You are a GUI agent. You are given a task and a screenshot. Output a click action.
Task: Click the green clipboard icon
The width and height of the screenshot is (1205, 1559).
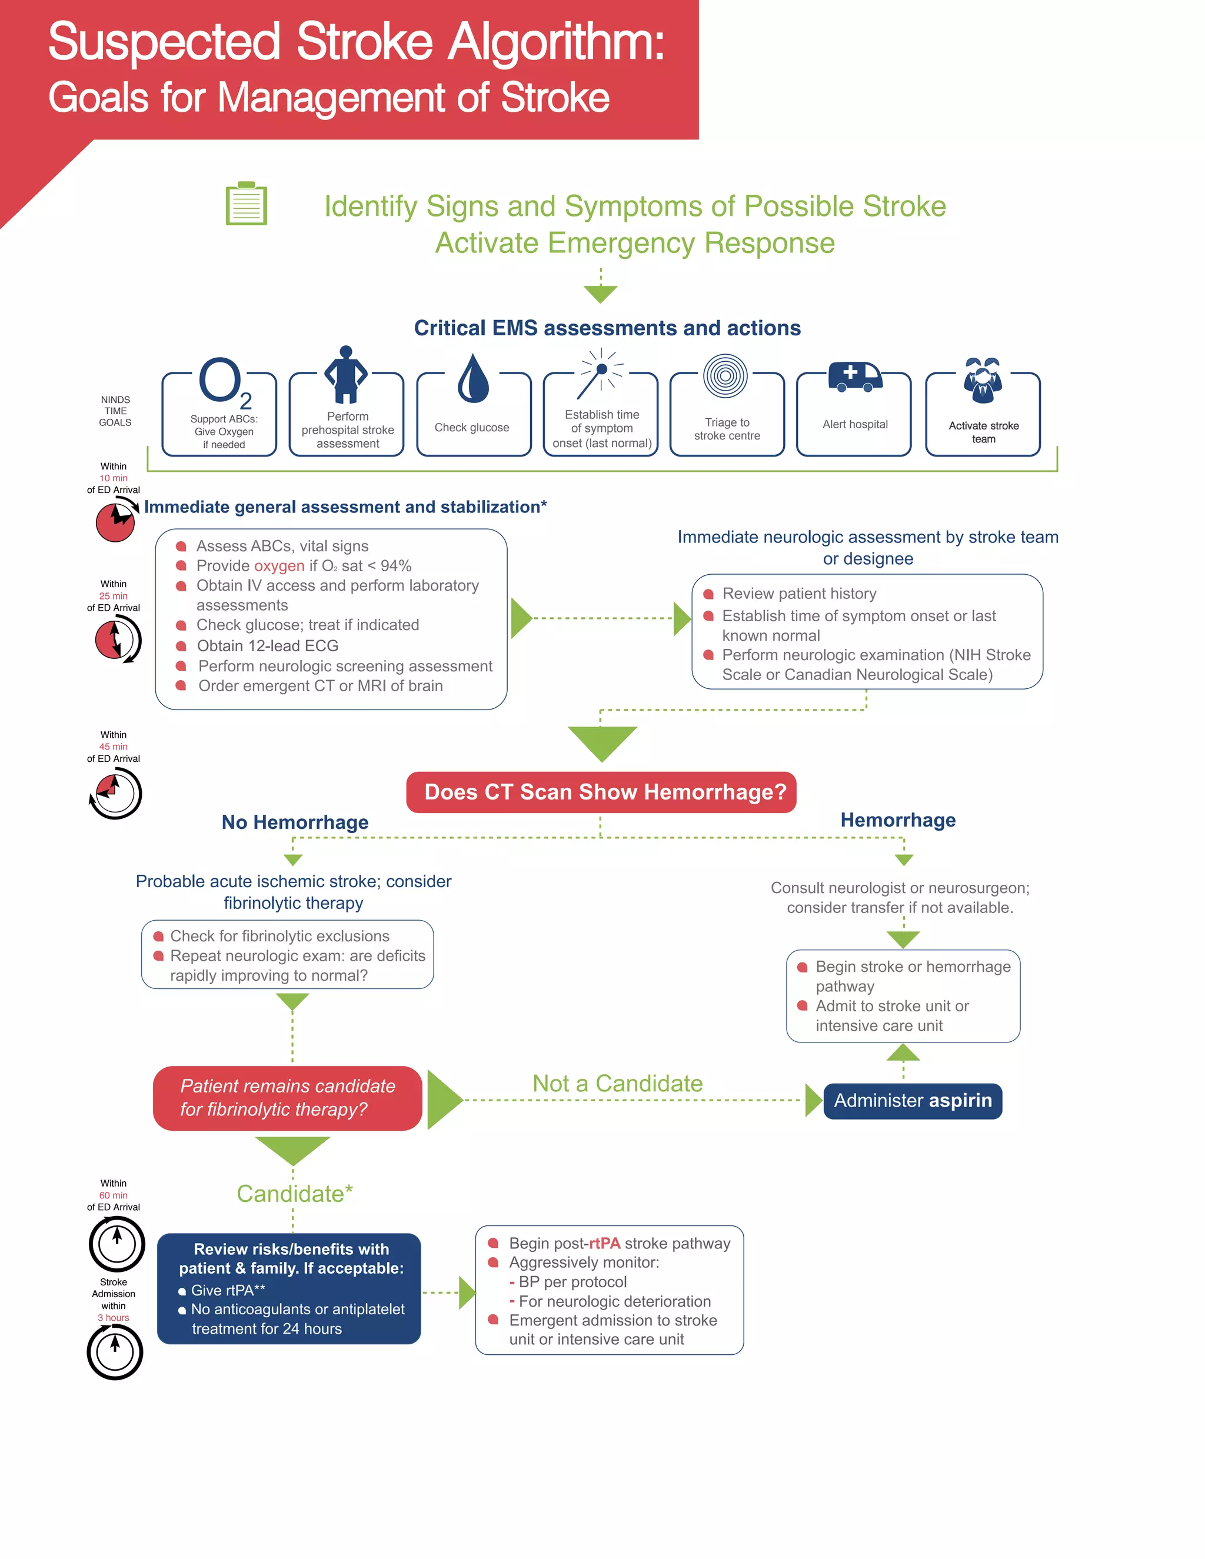pos(247,204)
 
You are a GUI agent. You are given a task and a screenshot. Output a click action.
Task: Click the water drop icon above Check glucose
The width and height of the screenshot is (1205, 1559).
pos(472,378)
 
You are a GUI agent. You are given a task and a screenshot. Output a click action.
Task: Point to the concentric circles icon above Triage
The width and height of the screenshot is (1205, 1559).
pos(725,376)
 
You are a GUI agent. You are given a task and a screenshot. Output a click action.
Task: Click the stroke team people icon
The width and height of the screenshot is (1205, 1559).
pos(983,380)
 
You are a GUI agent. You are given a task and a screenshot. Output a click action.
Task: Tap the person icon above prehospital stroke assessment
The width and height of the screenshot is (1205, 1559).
pos(346,375)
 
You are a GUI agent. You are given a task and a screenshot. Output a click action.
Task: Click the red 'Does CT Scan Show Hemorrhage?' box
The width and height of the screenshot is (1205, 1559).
pos(601,792)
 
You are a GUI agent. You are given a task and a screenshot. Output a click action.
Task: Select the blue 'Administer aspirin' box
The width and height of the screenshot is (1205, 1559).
pos(913,1101)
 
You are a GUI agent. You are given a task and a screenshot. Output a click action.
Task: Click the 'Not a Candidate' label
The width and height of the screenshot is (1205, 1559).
pos(617,1084)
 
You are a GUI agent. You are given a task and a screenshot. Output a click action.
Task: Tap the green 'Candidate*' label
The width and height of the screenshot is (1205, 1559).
pos(294,1194)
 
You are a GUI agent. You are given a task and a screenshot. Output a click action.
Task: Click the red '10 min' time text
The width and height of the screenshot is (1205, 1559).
pos(114,478)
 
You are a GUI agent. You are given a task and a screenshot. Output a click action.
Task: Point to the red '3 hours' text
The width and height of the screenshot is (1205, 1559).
pos(114,1318)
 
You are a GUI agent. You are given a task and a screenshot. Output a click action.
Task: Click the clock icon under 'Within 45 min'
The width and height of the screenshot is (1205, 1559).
pos(116,793)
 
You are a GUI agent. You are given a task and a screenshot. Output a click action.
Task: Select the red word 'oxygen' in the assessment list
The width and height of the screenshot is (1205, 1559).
pos(279,566)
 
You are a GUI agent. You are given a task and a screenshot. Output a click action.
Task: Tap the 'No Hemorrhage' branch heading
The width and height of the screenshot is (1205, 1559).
pos(295,822)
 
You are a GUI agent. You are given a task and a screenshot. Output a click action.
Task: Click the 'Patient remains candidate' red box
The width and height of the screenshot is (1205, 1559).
pos(288,1098)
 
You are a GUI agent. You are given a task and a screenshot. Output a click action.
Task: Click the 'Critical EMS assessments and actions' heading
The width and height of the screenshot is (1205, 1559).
pos(607,328)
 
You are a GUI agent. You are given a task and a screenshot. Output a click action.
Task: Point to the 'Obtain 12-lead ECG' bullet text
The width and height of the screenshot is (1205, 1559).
pos(268,646)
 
